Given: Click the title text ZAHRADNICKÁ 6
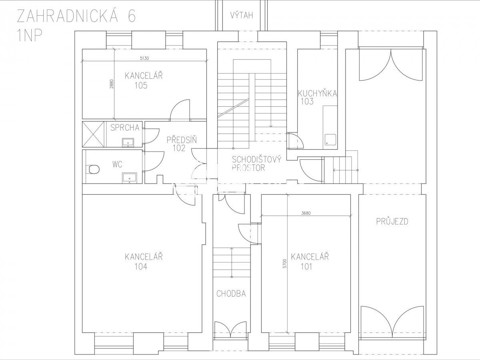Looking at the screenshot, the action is (76, 16).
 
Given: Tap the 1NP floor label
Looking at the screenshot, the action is (30, 36).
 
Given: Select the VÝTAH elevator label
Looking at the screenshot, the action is (242, 15).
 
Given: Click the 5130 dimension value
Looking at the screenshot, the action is (144, 58).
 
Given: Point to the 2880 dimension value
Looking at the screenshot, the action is (112, 84).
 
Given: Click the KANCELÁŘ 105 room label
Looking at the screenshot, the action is (144, 81).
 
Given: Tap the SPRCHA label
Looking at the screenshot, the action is (125, 128).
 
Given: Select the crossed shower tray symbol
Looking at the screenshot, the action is (93, 134).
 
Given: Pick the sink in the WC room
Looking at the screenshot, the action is (130, 178).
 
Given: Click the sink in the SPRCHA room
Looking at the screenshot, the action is (128, 143).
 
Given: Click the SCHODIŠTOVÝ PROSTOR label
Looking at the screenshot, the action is (256, 164).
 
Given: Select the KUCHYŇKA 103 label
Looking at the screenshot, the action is (317, 97).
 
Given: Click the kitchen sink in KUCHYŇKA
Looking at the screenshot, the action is (330, 140).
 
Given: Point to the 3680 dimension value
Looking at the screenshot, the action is (306, 213).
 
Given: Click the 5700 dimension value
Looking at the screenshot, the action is (284, 264).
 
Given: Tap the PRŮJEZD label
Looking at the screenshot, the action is (392, 222).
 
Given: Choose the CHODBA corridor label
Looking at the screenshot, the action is (231, 294).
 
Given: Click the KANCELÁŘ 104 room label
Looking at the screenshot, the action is (144, 262).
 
